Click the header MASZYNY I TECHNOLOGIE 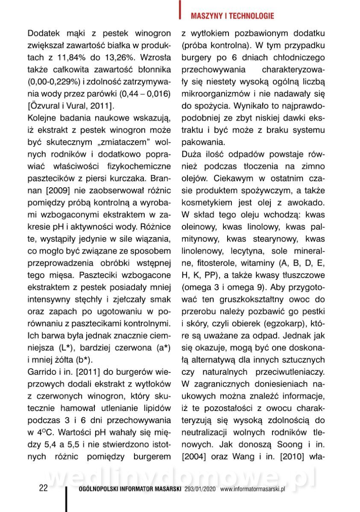(x=232, y=16)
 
